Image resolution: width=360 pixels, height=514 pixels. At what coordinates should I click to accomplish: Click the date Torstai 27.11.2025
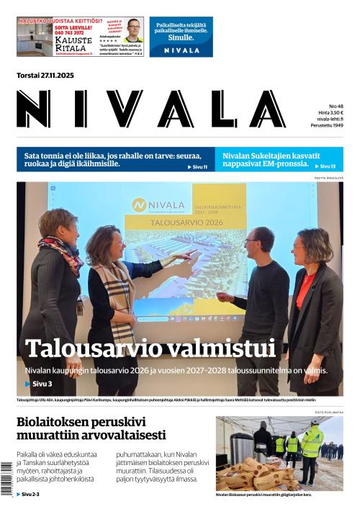coord(45,76)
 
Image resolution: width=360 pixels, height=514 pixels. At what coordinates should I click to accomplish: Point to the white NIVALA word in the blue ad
coord(181,50)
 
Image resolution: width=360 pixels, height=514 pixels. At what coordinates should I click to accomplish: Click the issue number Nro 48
coord(336,106)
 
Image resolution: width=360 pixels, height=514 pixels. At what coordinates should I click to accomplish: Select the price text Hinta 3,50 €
coord(331,113)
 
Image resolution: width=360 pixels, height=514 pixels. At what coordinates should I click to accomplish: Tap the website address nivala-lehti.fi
coord(329,120)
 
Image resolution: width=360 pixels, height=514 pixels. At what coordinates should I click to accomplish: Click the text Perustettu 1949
coord(327,127)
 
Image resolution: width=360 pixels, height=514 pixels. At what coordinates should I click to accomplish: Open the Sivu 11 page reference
coord(197,167)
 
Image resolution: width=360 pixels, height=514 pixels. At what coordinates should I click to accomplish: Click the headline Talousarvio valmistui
coord(150,348)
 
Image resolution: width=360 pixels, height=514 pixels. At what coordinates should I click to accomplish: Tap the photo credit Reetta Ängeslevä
coord(329,178)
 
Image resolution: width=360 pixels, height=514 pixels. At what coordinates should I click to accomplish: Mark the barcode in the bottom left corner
coord(7,479)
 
